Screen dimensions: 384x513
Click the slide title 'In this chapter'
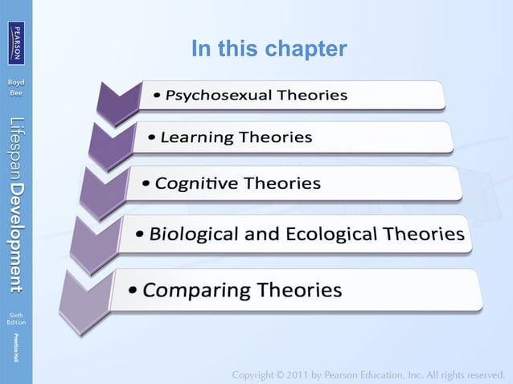pyautogui.click(x=269, y=50)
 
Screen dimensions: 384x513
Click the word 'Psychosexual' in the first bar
pyautogui.click(x=219, y=96)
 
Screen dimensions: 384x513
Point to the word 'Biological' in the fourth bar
pyautogui.click(x=194, y=235)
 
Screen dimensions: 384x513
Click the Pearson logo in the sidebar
pyautogui.click(x=16, y=40)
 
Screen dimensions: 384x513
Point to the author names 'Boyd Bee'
pyautogui.click(x=16, y=88)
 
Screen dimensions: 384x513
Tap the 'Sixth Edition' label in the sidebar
pyautogui.click(x=16, y=317)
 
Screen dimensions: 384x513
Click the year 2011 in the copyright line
pyautogui.click(x=316, y=374)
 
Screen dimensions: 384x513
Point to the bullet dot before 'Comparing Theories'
pyautogui.click(x=133, y=290)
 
